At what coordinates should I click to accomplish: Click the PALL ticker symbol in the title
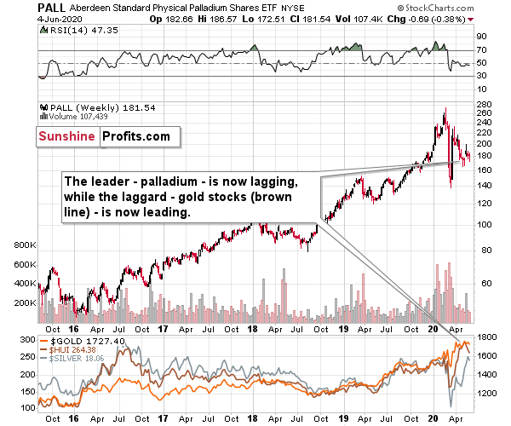click(24, 7)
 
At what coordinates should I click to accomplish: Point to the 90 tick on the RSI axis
click(480, 36)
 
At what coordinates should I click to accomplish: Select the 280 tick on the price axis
click(483, 103)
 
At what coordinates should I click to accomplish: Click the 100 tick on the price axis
click(483, 225)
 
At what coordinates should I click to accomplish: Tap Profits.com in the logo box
click(135, 136)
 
